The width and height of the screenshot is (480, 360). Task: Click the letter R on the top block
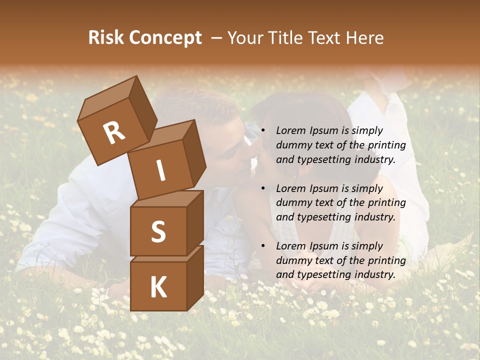114,133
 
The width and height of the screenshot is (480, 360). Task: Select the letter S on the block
158,231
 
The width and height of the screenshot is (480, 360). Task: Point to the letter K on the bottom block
158,287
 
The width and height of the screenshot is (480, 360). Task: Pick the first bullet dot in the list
263,130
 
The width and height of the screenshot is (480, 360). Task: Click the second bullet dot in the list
263,188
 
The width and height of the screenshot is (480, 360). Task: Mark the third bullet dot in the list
263,246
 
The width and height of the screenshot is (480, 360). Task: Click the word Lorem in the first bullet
290,130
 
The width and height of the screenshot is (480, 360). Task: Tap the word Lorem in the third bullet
290,246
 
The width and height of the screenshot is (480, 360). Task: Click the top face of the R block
107,97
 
